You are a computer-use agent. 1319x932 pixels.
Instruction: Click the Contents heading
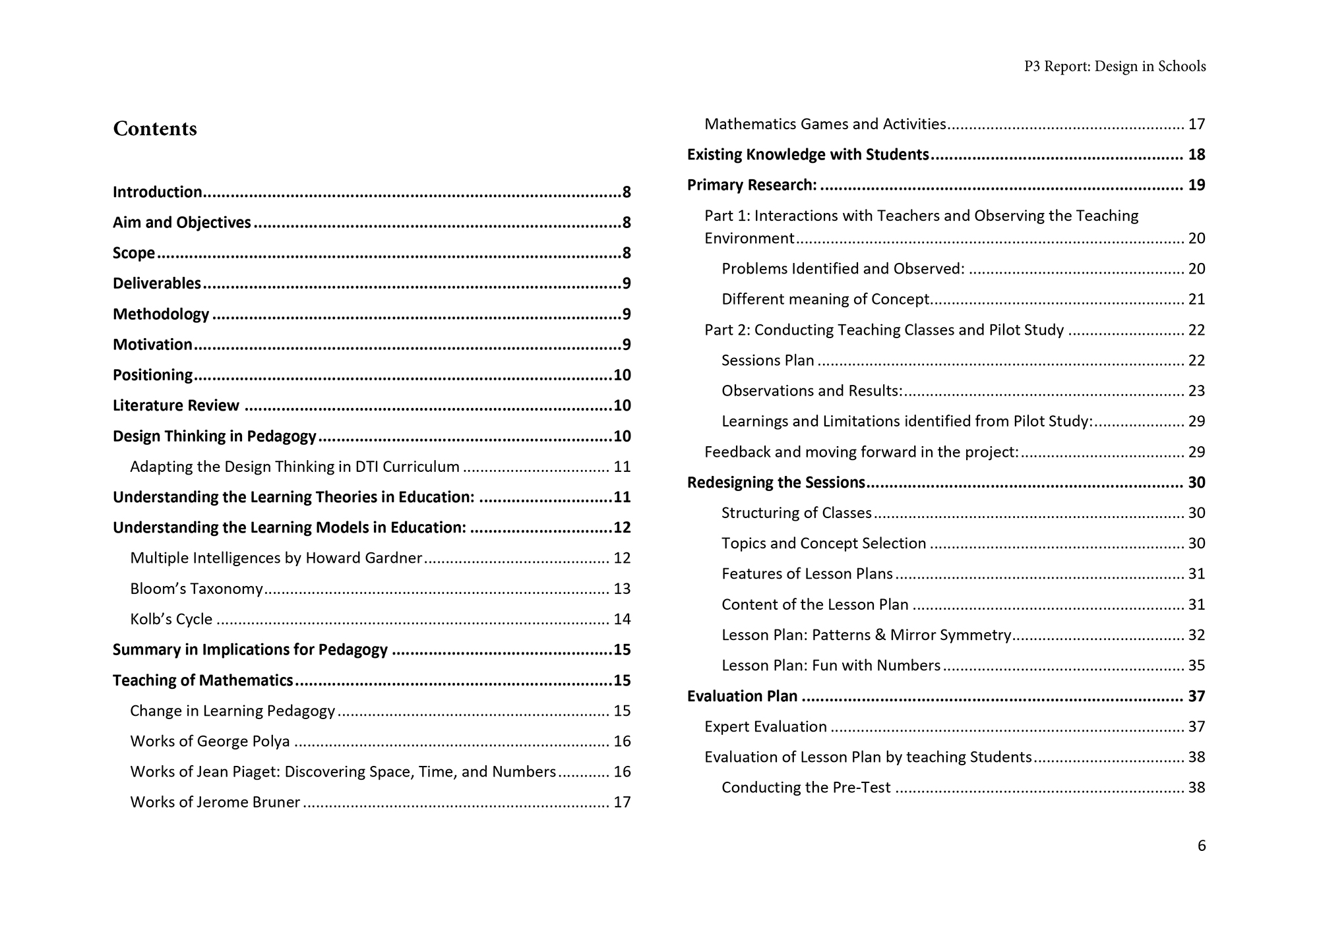[x=155, y=129]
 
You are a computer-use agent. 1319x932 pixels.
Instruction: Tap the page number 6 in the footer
[x=1202, y=846]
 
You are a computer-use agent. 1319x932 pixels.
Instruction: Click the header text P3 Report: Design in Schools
[x=1115, y=67]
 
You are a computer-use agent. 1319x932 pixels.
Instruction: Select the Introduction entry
[x=158, y=192]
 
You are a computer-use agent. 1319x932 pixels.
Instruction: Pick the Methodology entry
[x=161, y=314]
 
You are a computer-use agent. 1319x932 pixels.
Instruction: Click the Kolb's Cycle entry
[x=171, y=619]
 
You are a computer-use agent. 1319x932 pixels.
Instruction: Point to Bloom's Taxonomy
[x=197, y=589]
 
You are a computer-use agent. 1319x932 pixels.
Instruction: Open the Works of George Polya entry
[x=210, y=741]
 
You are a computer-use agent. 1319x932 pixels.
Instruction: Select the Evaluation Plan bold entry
[x=742, y=696]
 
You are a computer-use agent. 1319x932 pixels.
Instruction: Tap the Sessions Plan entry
[x=768, y=360]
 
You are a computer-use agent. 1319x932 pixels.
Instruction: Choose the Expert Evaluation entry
[x=765, y=726]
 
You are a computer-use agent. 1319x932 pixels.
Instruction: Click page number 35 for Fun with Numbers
[x=1196, y=665]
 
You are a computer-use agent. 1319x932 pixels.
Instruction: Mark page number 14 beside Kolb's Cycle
[x=622, y=619]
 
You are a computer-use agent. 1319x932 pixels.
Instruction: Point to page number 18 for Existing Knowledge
[x=1196, y=154]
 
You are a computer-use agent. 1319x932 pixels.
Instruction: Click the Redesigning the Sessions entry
[x=776, y=482]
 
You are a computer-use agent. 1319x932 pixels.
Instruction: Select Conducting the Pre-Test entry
[x=806, y=787]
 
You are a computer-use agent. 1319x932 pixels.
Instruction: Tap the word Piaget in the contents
[x=255, y=771]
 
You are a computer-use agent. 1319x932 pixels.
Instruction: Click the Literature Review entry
[x=175, y=405]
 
